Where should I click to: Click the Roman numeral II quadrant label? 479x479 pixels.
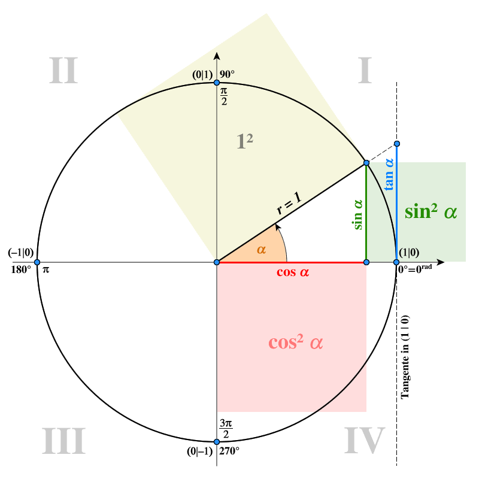tap(63, 70)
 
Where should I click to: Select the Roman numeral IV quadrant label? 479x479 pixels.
tap(365, 440)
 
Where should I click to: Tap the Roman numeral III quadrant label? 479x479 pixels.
tap(63, 441)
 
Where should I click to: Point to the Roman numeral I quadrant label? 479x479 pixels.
tap(365, 70)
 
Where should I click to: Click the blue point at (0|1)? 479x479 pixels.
tap(217, 83)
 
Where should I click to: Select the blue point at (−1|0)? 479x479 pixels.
tap(37, 262)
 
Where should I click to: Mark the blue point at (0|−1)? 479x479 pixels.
tap(217, 442)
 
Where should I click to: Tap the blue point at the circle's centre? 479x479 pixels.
tap(217, 262)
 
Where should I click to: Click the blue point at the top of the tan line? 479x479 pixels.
tap(397, 144)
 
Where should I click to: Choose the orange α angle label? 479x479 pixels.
tap(262, 250)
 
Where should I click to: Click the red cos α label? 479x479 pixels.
tap(293, 272)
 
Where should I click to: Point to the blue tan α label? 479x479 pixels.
tap(389, 174)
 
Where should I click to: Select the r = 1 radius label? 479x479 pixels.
tap(289, 203)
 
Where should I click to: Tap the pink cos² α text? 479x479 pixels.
tap(295, 342)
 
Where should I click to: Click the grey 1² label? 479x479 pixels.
tap(245, 141)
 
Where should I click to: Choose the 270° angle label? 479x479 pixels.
tap(229, 451)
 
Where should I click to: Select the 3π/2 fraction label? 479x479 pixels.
tap(226, 428)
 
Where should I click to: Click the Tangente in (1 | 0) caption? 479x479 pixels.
tap(405, 357)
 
